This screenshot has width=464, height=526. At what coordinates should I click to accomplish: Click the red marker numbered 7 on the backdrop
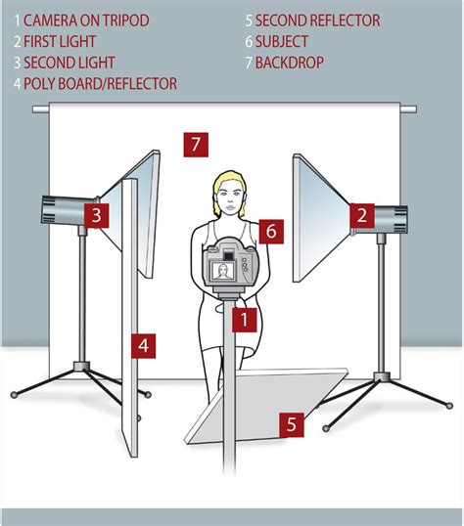pyautogui.click(x=196, y=145)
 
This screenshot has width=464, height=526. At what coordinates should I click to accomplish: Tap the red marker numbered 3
pyautogui.click(x=95, y=215)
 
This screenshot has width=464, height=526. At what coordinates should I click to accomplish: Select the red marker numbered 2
pyautogui.click(x=363, y=215)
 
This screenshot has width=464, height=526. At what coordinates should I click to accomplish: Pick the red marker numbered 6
pyautogui.click(x=273, y=231)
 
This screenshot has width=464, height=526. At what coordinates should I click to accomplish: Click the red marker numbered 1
pyautogui.click(x=243, y=317)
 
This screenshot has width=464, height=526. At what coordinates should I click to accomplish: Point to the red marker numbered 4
pyautogui.click(x=143, y=344)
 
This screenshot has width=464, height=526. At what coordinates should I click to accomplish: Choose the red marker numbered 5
pyautogui.click(x=291, y=423)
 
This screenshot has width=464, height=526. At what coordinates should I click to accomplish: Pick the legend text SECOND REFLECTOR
pyautogui.click(x=318, y=20)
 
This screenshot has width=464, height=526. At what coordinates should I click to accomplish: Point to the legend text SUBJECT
pyautogui.click(x=285, y=41)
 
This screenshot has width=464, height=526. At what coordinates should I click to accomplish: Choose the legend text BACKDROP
pyautogui.click(x=292, y=63)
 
